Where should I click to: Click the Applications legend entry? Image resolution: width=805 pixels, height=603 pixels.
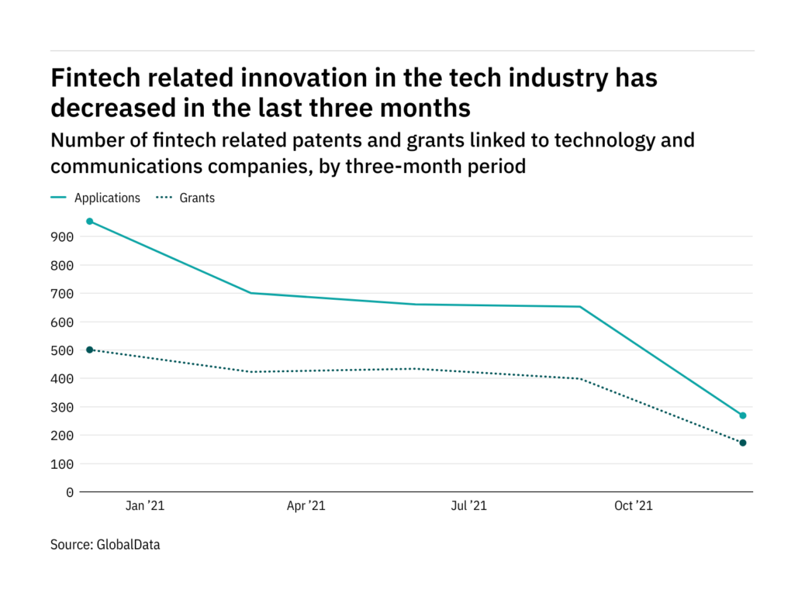[x=107, y=198]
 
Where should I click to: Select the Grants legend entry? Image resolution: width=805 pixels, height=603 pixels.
[x=197, y=198]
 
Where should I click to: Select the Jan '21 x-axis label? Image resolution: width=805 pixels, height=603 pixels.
[x=145, y=506]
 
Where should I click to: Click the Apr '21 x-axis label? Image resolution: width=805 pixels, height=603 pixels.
[x=306, y=506]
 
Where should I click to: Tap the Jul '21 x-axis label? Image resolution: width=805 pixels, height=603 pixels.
[x=468, y=506]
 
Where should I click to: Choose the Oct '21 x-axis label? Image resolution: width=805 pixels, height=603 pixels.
[x=634, y=506]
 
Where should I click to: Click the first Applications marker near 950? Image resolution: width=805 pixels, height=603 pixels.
[x=90, y=222]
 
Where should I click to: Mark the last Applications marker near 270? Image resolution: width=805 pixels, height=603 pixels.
[x=743, y=415]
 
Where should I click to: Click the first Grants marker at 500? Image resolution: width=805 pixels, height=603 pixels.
[x=90, y=350]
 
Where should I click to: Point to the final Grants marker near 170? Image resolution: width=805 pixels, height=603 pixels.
[x=743, y=443]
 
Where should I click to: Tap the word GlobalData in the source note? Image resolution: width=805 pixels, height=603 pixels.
[x=128, y=545]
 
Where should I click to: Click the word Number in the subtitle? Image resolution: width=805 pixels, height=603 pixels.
[x=85, y=141]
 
